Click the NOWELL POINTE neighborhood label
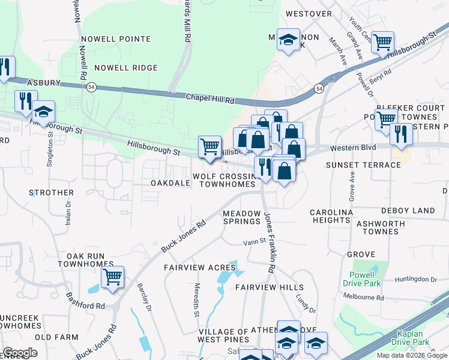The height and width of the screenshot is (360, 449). (122, 39)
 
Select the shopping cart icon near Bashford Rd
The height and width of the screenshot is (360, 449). (112, 277)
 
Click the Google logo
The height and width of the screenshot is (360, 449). (20, 353)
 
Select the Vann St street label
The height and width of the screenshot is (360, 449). (254, 242)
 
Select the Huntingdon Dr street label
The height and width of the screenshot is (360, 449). (416, 280)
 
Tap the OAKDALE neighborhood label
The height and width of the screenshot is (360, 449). (166, 182)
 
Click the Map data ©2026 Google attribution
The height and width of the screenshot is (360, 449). (412, 355)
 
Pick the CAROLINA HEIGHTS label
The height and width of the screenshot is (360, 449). (331, 216)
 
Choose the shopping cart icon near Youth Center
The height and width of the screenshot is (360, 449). (382, 43)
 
